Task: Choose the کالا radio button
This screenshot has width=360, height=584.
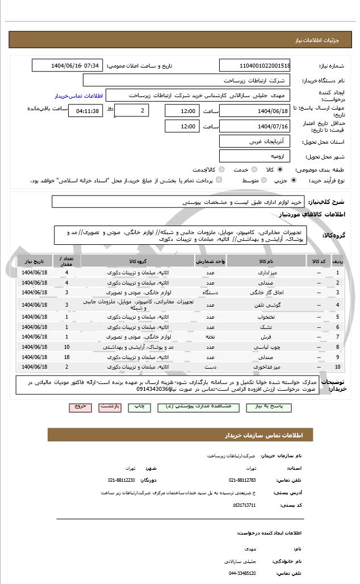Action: [280, 169]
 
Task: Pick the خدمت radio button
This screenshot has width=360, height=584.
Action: [253, 169]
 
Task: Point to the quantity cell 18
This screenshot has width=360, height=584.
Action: [67, 356]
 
